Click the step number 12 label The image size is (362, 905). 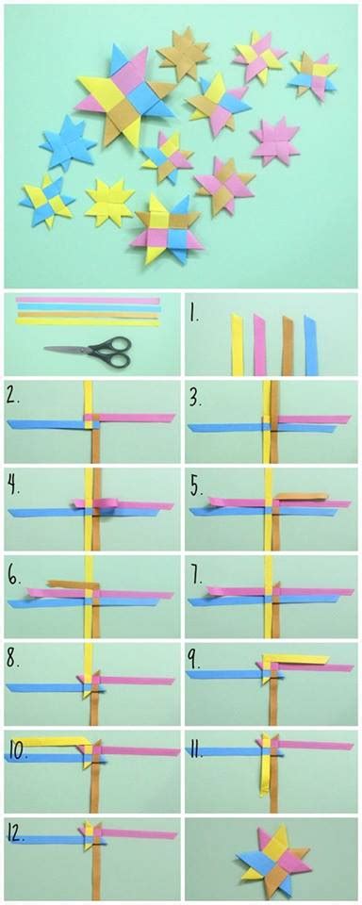18,831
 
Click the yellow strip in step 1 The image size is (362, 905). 237,344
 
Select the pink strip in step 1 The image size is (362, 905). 259,344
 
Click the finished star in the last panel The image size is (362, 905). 272,861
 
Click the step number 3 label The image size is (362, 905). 194,399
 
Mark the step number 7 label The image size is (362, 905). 194,571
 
